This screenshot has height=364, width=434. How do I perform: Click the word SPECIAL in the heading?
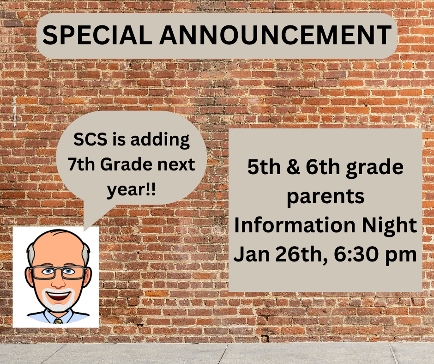97,35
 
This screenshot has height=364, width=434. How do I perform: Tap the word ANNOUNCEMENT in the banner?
275,35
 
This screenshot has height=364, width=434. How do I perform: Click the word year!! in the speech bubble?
132,190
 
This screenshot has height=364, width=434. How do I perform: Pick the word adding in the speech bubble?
160,140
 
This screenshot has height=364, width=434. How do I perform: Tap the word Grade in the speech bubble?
126,164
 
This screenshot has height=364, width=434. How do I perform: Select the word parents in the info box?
325,197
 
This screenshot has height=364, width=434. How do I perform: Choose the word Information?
295,224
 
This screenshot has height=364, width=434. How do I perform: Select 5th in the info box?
264,167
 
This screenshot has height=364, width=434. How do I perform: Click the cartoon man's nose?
59,283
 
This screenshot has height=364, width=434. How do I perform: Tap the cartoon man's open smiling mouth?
58,297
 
